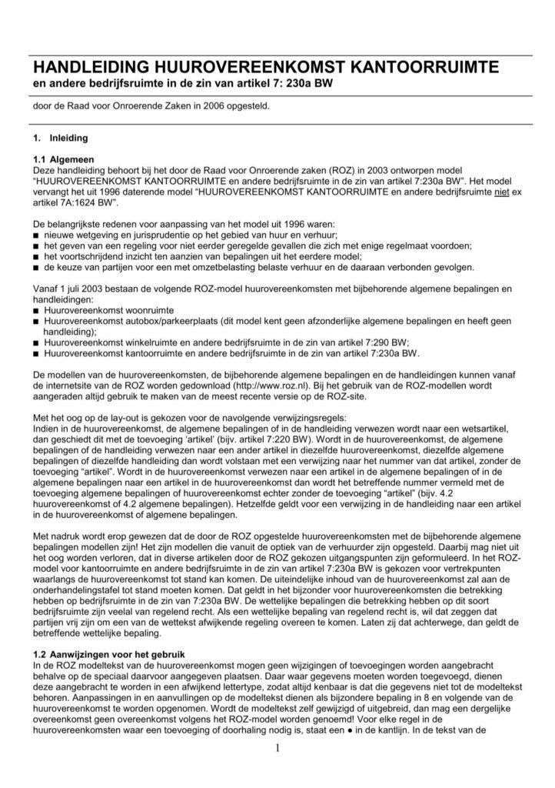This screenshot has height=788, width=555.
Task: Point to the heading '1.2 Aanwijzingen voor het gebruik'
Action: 108,653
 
